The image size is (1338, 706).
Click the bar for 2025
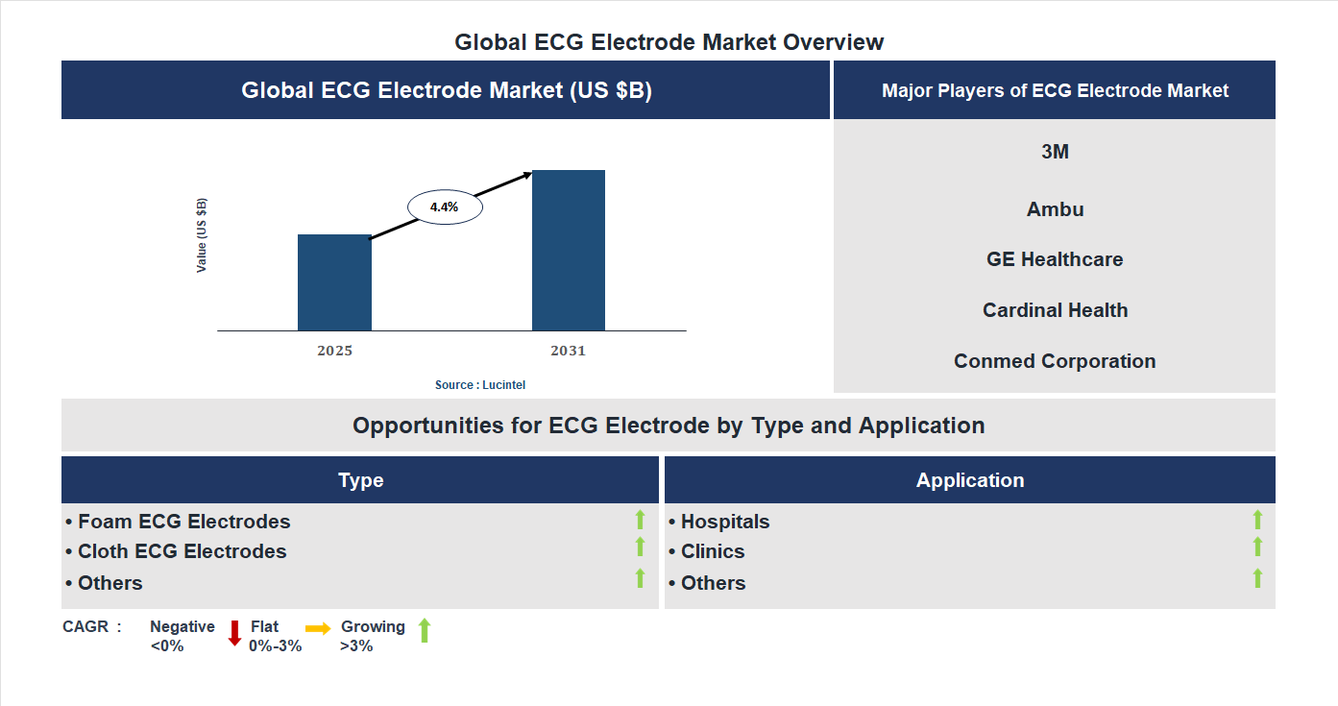(334, 282)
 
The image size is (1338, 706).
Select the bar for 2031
(569, 251)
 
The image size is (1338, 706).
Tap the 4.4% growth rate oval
(445, 207)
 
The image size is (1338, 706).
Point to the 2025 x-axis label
(334, 351)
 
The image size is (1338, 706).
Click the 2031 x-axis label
(568, 351)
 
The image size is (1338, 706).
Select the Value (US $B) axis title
(202, 235)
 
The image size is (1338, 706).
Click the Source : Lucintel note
(480, 384)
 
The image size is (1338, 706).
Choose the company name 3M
(1055, 152)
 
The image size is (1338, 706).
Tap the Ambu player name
(1055, 209)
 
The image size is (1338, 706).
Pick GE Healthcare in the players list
(1055, 259)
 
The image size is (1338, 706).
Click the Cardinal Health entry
(1055, 310)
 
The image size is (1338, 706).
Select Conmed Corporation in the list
(1055, 361)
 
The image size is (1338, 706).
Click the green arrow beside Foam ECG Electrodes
(640, 520)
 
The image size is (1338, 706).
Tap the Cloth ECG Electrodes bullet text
(182, 551)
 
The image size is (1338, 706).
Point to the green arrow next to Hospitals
(1257, 520)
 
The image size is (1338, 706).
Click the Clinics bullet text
(712, 551)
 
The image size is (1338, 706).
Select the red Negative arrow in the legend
(234, 633)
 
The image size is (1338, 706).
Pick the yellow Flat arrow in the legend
(318, 628)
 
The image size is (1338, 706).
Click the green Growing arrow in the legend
(425, 631)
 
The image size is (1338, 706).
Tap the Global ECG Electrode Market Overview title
(669, 42)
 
